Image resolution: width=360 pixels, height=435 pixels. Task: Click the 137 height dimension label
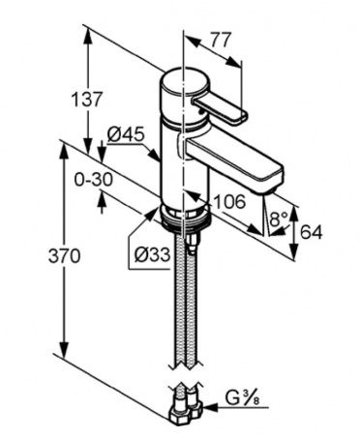coord(86,100)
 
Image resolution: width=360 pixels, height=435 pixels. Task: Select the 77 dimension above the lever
coord(222,40)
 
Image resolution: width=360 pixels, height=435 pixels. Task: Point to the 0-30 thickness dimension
coord(94,180)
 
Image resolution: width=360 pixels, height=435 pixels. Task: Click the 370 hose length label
coord(64,256)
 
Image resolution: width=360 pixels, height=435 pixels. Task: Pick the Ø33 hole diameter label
coord(152,255)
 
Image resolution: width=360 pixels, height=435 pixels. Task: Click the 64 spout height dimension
coord(312,232)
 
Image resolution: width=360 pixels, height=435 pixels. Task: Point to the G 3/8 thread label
coord(242,398)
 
